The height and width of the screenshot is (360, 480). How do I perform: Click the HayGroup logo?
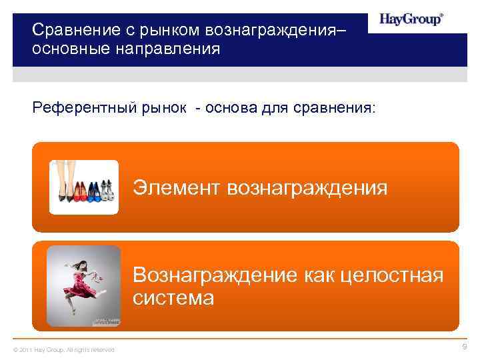[411, 19]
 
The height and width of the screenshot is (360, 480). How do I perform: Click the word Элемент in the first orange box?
[177, 187]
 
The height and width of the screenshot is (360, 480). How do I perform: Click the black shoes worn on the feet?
[64, 194]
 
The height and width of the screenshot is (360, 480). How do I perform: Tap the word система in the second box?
[173, 297]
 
